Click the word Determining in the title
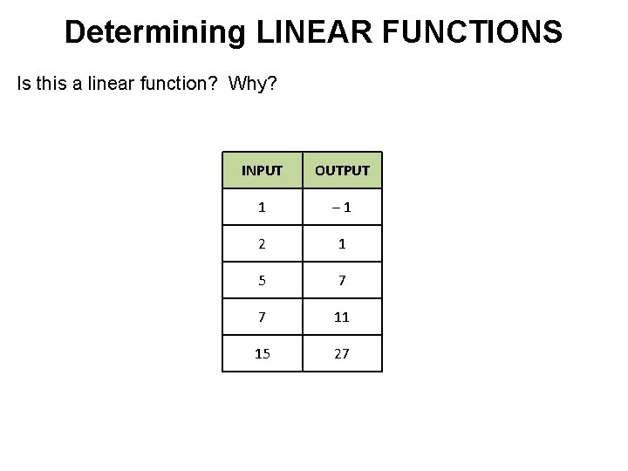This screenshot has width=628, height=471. pyautogui.click(x=156, y=32)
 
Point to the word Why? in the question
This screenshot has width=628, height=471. pyautogui.click(x=252, y=85)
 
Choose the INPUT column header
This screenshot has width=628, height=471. pyautogui.click(x=262, y=170)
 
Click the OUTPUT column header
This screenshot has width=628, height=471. pyautogui.click(x=342, y=170)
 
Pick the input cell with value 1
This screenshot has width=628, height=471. pyautogui.click(x=262, y=208)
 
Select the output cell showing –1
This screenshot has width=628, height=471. pyautogui.click(x=342, y=208)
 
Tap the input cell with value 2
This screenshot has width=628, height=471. pyautogui.click(x=262, y=244)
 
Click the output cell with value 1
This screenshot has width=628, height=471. pyautogui.click(x=342, y=244)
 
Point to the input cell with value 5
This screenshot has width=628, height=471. pyautogui.click(x=262, y=281)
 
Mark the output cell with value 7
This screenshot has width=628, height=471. pyautogui.click(x=342, y=281)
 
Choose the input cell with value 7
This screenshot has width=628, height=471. pyautogui.click(x=262, y=317)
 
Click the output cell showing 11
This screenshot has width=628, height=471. pyautogui.click(x=342, y=317)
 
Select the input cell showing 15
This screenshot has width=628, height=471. pyautogui.click(x=262, y=354)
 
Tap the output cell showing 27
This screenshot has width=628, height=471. pyautogui.click(x=342, y=354)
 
